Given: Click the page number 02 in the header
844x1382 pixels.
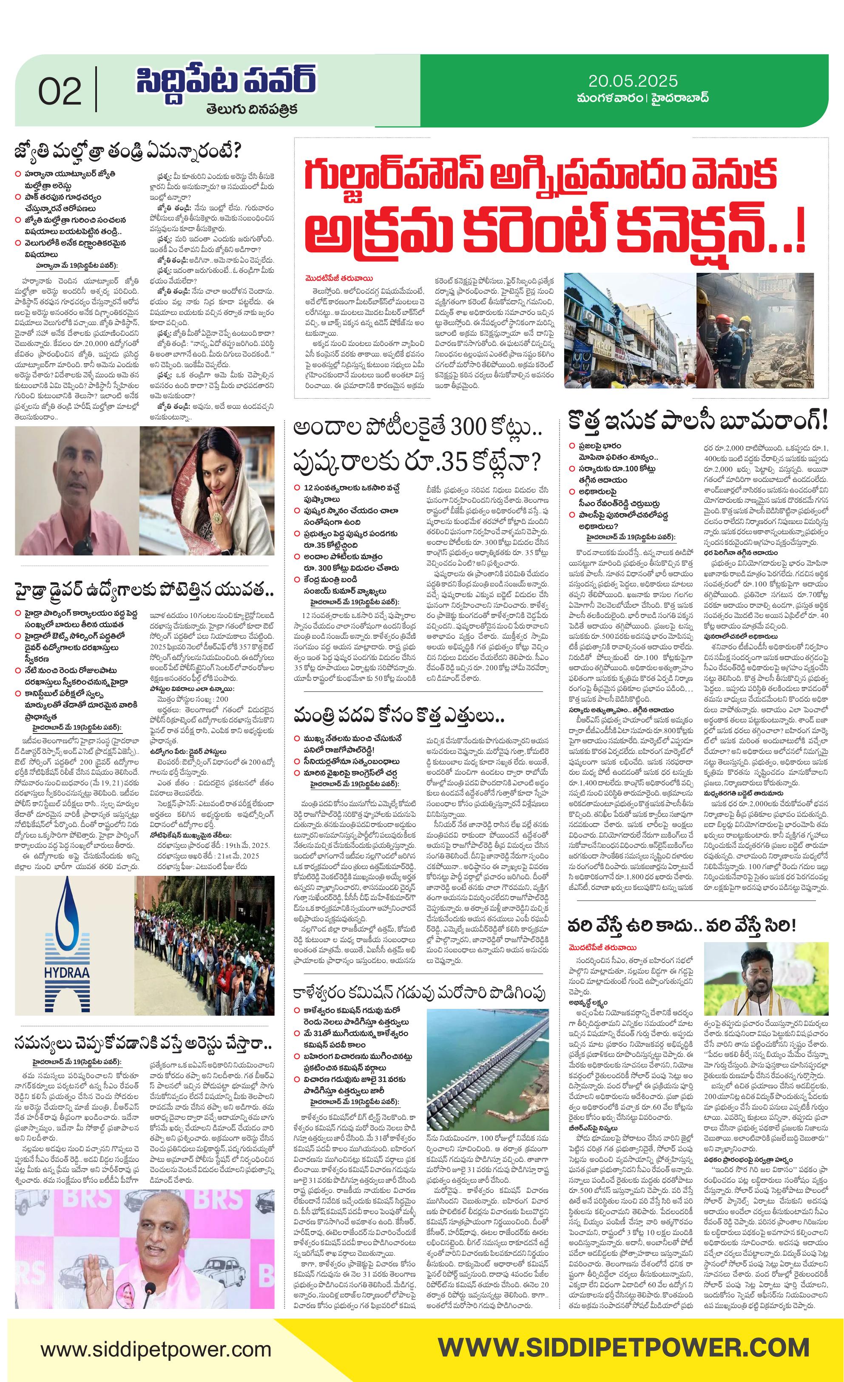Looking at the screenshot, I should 60,91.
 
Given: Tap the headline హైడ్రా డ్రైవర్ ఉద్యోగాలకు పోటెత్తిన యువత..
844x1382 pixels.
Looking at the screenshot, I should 144,591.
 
